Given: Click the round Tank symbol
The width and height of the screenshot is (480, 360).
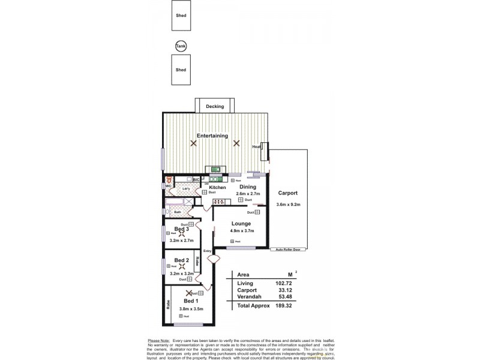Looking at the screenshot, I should tap(180, 46).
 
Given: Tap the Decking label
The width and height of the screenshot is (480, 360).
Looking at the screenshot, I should tap(214, 107).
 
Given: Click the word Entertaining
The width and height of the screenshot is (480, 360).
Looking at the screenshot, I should tap(212, 136).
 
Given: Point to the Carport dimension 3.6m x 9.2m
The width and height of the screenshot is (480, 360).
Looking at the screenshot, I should tap(287, 205).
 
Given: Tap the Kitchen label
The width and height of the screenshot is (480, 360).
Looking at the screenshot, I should tap(217, 187).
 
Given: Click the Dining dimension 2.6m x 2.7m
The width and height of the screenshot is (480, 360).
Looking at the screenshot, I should tap(248, 194).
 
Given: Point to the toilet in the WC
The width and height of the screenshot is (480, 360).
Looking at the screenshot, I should tap(170, 179).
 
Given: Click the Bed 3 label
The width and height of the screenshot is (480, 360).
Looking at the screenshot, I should tap(182, 229).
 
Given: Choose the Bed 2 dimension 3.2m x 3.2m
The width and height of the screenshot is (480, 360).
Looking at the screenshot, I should tap(182, 274).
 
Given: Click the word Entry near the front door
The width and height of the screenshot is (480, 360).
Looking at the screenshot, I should tap(208, 251).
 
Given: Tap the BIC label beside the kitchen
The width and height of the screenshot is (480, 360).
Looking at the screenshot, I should tap(196, 179).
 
